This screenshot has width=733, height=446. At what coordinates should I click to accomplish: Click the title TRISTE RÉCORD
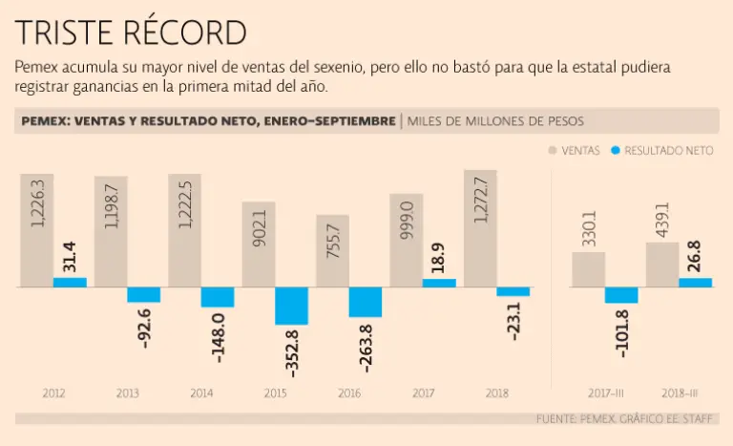click(x=131, y=32)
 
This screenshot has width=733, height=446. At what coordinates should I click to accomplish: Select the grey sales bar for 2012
click(x=36, y=230)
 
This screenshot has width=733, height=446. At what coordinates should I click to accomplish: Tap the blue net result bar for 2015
click(x=292, y=306)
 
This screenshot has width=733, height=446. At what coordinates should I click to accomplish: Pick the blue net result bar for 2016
click(x=366, y=302)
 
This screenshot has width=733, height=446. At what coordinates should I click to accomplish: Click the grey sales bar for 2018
click(x=480, y=229)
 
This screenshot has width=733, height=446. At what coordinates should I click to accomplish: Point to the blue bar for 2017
click(x=439, y=283)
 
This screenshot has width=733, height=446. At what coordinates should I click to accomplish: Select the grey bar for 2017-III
click(x=588, y=269)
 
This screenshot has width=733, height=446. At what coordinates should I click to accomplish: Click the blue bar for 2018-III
click(x=695, y=283)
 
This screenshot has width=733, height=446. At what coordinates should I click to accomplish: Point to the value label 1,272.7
click(x=480, y=199)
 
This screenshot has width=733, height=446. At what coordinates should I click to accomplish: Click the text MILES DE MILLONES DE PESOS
click(x=495, y=121)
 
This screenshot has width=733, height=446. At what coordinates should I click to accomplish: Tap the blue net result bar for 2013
click(x=144, y=294)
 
